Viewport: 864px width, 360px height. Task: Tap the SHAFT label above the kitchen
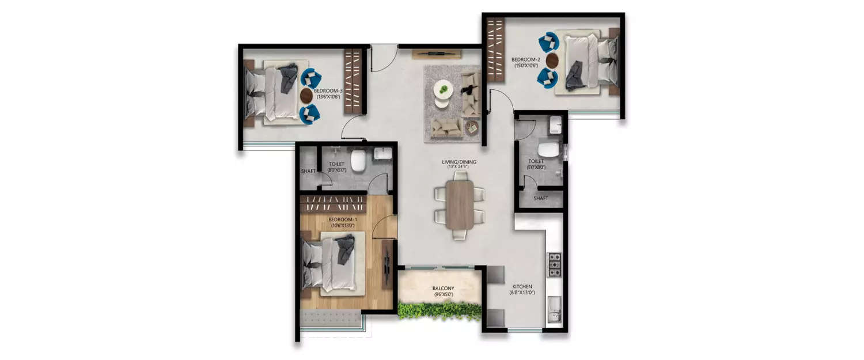click(x=540, y=198)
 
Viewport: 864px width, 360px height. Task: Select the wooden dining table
click(x=460, y=204)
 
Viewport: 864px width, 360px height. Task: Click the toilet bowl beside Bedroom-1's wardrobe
click(x=359, y=161)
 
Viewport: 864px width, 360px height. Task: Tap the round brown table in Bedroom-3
click(x=306, y=96)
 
